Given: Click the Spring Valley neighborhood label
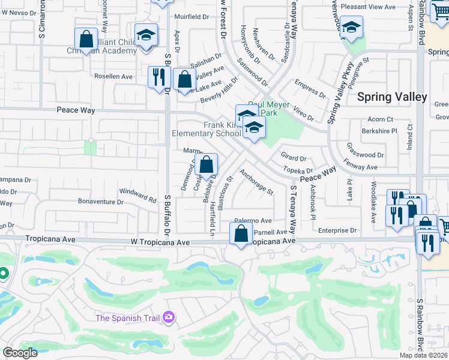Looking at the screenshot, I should coord(392,97).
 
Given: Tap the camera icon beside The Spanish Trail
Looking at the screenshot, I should coord(169,316).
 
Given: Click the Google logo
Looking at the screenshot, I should coord(20,353).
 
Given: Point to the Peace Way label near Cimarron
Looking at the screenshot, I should coord(76,110).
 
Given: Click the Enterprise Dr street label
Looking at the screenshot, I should coord(337,230).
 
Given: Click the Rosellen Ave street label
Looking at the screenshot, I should coord(113,77).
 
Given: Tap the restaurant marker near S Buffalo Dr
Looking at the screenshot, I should coord(158,77).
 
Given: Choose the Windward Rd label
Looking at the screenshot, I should coord(138,193).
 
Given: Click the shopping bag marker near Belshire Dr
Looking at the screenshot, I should coord(206,164).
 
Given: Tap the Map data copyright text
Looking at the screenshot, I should coord(424,355).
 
